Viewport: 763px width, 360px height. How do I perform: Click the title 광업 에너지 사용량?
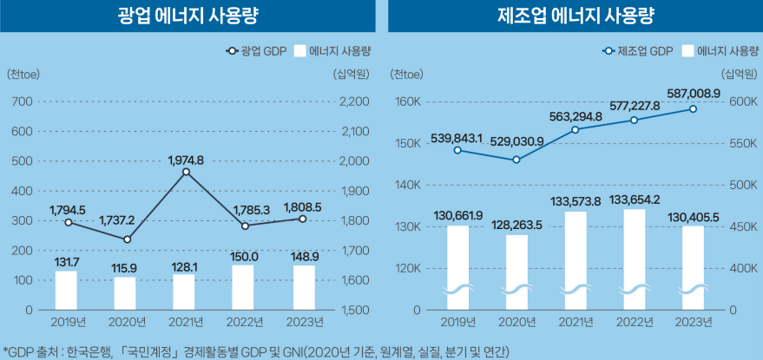(x=187, y=16)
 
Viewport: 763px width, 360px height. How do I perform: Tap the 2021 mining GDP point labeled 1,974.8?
(x=186, y=172)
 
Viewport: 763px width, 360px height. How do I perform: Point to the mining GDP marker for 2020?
(x=128, y=239)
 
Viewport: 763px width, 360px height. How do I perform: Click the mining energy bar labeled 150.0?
(x=245, y=287)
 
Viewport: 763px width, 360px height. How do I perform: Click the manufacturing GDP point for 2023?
(x=693, y=109)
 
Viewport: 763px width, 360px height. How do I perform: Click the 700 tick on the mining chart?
(x=23, y=102)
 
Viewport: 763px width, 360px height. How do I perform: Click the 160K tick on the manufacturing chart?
(x=407, y=102)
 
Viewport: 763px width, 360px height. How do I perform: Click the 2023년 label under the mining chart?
(x=303, y=324)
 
